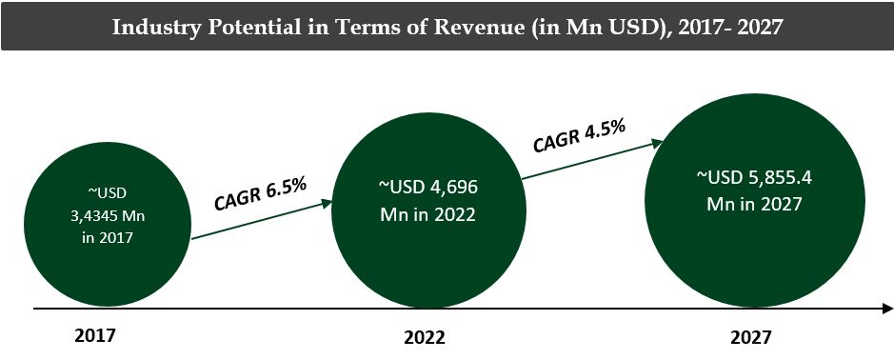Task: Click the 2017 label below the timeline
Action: tap(93, 335)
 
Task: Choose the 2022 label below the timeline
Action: tap(425, 337)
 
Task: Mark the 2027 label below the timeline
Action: tap(751, 337)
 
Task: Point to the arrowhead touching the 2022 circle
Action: tap(328, 203)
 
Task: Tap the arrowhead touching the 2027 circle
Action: tap(656, 143)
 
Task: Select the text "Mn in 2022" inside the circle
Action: tap(425, 213)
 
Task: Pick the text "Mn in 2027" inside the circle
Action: tap(754, 203)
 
